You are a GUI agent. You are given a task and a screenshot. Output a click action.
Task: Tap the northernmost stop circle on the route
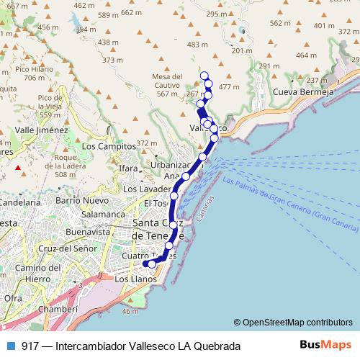pos(204,76)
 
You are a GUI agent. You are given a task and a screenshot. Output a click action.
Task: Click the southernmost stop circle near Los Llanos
pos(151,264)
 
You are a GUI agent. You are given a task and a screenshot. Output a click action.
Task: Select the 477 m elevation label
pos(228,87)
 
